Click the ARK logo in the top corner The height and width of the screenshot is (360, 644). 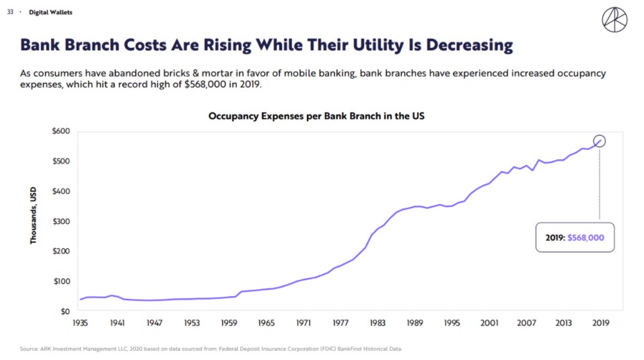point(614,20)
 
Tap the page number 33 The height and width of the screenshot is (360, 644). point(10,12)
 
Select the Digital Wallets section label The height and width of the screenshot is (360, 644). point(50,12)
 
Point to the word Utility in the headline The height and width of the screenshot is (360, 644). point(379,45)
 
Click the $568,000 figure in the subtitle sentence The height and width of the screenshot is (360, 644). point(205,84)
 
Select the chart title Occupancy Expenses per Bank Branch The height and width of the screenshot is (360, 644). point(316,116)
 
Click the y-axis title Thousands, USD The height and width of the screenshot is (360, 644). point(33,215)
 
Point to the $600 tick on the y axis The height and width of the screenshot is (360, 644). point(61,131)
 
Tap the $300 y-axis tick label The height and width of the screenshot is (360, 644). point(61,221)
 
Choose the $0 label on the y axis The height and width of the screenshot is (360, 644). point(65,312)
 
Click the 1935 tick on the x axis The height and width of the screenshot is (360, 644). point(80,323)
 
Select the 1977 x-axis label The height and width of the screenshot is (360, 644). point(341,323)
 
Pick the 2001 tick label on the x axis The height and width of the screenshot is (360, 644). point(489,323)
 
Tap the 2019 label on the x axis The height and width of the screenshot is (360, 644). point(601,323)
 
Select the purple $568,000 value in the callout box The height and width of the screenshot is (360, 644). point(585,238)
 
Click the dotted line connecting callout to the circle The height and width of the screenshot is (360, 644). point(599,184)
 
